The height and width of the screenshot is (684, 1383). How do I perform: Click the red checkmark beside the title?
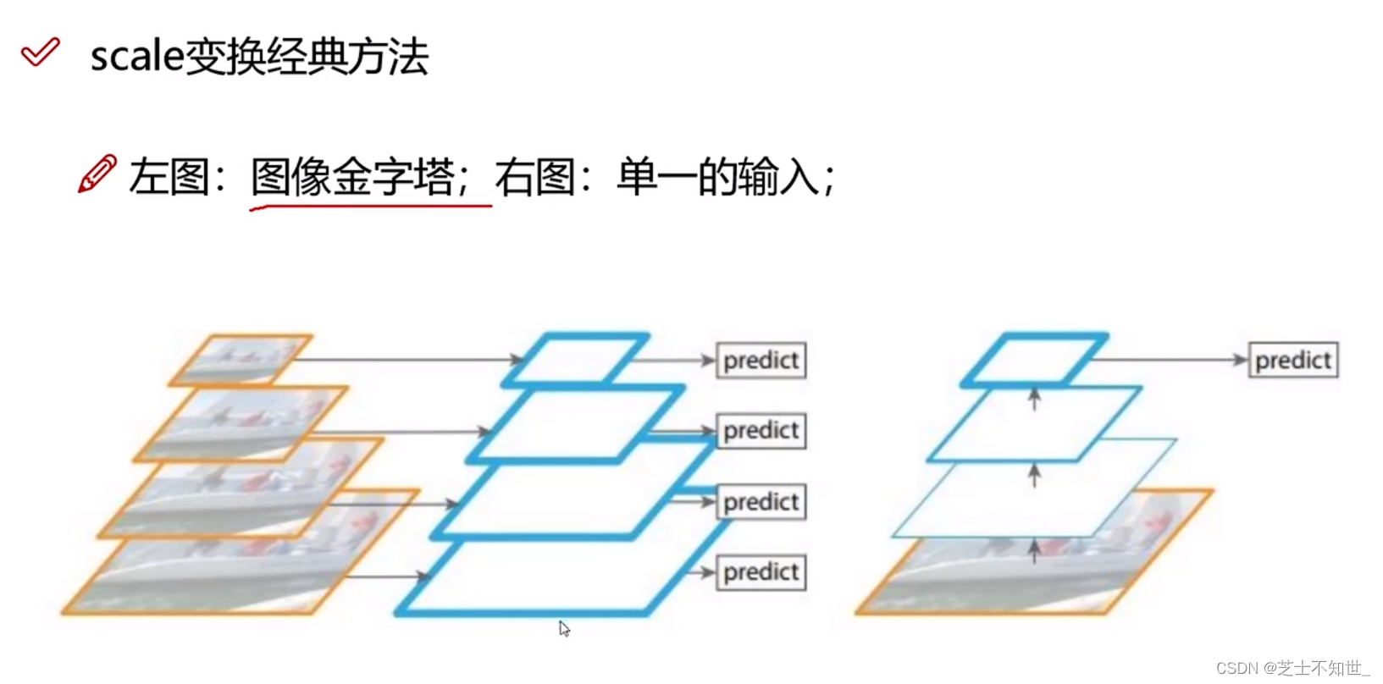40,52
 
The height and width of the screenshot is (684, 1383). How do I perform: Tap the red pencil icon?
97,174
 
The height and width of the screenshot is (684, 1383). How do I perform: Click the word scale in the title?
136,58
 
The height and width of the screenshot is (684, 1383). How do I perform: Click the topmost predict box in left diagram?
761,361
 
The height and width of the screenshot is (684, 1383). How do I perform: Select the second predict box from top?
761,431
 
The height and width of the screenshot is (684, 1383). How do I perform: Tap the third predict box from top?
761,502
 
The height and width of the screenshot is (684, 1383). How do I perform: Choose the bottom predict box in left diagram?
761,572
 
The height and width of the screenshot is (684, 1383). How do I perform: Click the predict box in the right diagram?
1292,361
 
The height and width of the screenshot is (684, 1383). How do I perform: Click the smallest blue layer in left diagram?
576,360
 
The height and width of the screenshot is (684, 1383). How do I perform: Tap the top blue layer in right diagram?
1034,360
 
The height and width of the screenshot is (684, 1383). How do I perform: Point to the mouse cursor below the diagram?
564,628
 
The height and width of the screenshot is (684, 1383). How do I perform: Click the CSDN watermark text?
1292,668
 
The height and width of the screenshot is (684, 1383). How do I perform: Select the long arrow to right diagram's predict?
1169,360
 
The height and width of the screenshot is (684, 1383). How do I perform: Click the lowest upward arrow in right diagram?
1034,551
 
